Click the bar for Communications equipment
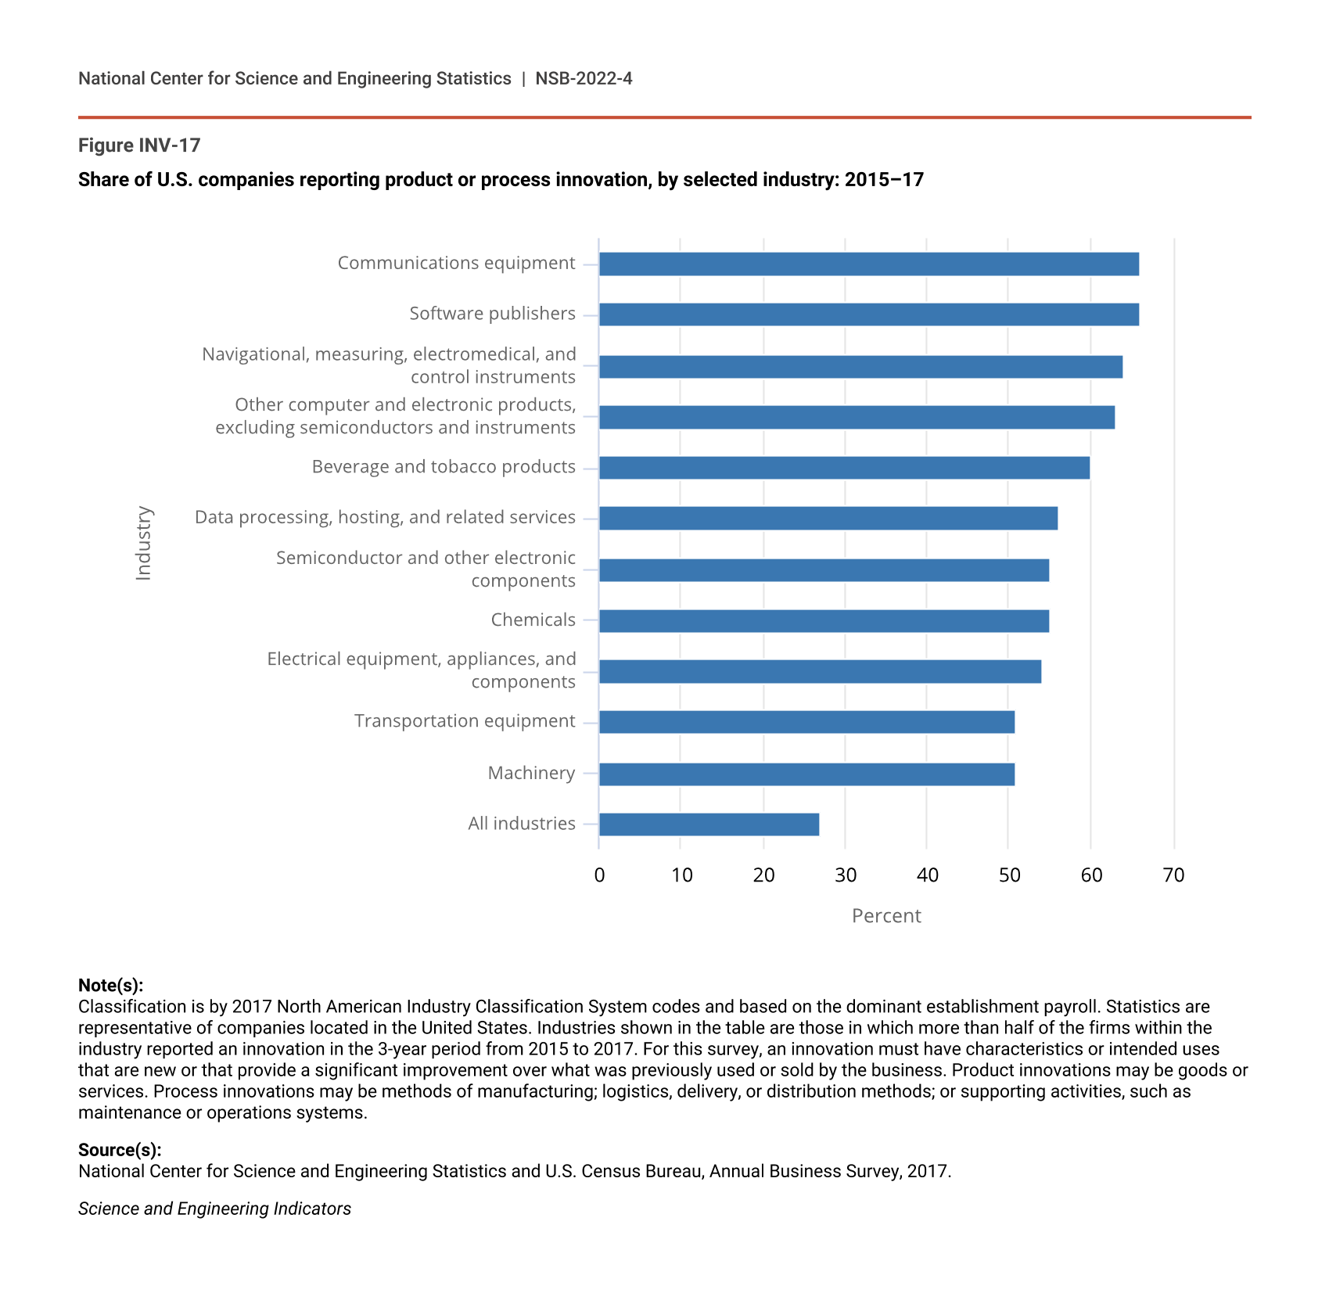pyautogui.click(x=868, y=264)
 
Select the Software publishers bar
pyautogui.click(x=868, y=314)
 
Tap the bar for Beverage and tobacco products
pyautogui.click(x=844, y=468)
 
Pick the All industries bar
pyautogui.click(x=709, y=824)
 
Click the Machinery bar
pyautogui.click(x=806, y=774)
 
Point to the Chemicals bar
pyautogui.click(x=824, y=621)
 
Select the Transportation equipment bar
pyautogui.click(x=806, y=722)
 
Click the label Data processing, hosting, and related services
pyautogui.click(x=385, y=517)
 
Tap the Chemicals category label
pyautogui.click(x=533, y=620)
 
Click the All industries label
pyautogui.click(x=521, y=823)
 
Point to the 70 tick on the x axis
pyautogui.click(x=1173, y=875)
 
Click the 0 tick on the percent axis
pyautogui.click(x=599, y=875)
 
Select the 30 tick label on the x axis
pyautogui.click(x=845, y=875)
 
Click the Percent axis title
pyautogui.click(x=886, y=915)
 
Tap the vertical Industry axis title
pyautogui.click(x=143, y=543)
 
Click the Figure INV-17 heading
pyautogui.click(x=139, y=145)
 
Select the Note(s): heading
pyautogui.click(x=110, y=985)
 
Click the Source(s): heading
pyautogui.click(x=120, y=1150)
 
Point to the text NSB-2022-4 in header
pyautogui.click(x=584, y=78)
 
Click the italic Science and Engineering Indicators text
pyautogui.click(x=214, y=1209)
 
